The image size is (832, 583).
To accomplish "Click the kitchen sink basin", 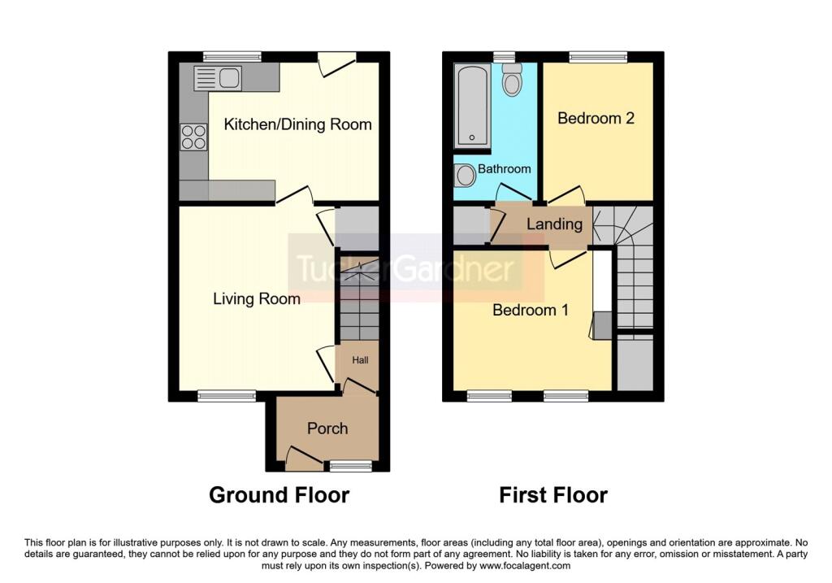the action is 229,77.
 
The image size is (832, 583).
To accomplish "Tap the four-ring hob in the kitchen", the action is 193,137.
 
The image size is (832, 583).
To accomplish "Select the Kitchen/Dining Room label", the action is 297,124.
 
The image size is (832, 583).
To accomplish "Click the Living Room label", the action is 256,299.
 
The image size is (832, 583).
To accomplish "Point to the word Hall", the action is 360,360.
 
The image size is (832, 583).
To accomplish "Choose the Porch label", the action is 327,429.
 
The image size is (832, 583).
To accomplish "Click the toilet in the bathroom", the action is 512,80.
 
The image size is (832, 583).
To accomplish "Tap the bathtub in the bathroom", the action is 472,107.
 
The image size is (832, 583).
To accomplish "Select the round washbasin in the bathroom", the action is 466,175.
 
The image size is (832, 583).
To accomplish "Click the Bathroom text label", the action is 504,169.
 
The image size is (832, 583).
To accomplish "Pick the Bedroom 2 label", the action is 596,118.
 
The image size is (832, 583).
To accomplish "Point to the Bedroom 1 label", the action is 531,310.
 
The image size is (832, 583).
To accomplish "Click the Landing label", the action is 554,224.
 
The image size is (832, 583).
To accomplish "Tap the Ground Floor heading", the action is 279,495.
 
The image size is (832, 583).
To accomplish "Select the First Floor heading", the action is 553,495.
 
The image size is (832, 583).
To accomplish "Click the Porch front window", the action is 350,466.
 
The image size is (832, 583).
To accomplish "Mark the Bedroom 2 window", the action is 599,57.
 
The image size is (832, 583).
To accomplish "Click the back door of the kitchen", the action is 337,63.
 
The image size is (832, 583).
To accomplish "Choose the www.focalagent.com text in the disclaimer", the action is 525,566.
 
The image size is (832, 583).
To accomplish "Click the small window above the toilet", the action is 504,57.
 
